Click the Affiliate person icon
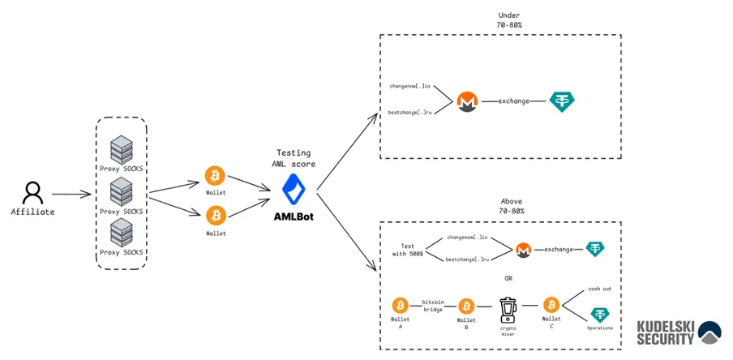click(32, 192)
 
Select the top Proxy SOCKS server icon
click(122, 148)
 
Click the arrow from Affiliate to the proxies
click(71, 195)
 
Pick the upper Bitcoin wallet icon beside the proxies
click(215, 175)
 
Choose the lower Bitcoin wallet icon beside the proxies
click(215, 215)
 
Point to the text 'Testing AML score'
click(293, 158)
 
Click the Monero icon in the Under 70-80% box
click(466, 101)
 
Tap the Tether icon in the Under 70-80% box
click(561, 101)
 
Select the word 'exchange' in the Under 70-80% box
click(514, 101)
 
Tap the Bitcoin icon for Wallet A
click(400, 305)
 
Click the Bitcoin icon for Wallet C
click(551, 305)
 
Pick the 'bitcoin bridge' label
click(433, 306)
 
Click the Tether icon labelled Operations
click(600, 315)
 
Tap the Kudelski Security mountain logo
click(709, 332)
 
